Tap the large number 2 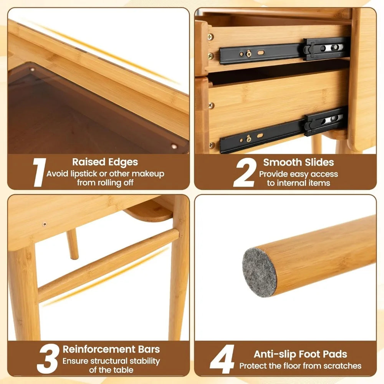[244, 172]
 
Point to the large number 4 [222, 359]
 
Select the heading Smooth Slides [298, 162]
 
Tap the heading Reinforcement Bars [111, 349]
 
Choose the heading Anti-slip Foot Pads [300, 354]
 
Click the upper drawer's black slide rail [284, 50]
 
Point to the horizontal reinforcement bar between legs [108, 265]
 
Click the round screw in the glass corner [174, 146]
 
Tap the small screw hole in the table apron [45, 224]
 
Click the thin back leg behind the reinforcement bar [72, 244]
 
